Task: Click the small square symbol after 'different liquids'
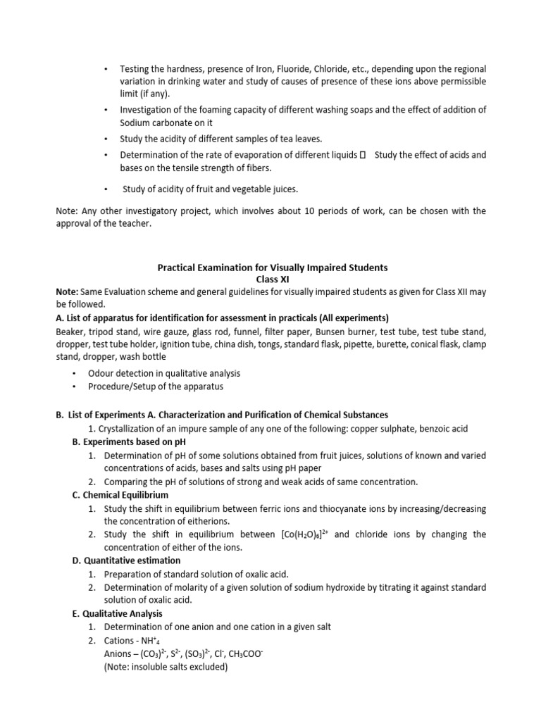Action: [362, 155]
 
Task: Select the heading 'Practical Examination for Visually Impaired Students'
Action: [271, 268]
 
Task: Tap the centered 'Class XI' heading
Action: [271, 280]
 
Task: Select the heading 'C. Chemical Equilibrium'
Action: [122, 495]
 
